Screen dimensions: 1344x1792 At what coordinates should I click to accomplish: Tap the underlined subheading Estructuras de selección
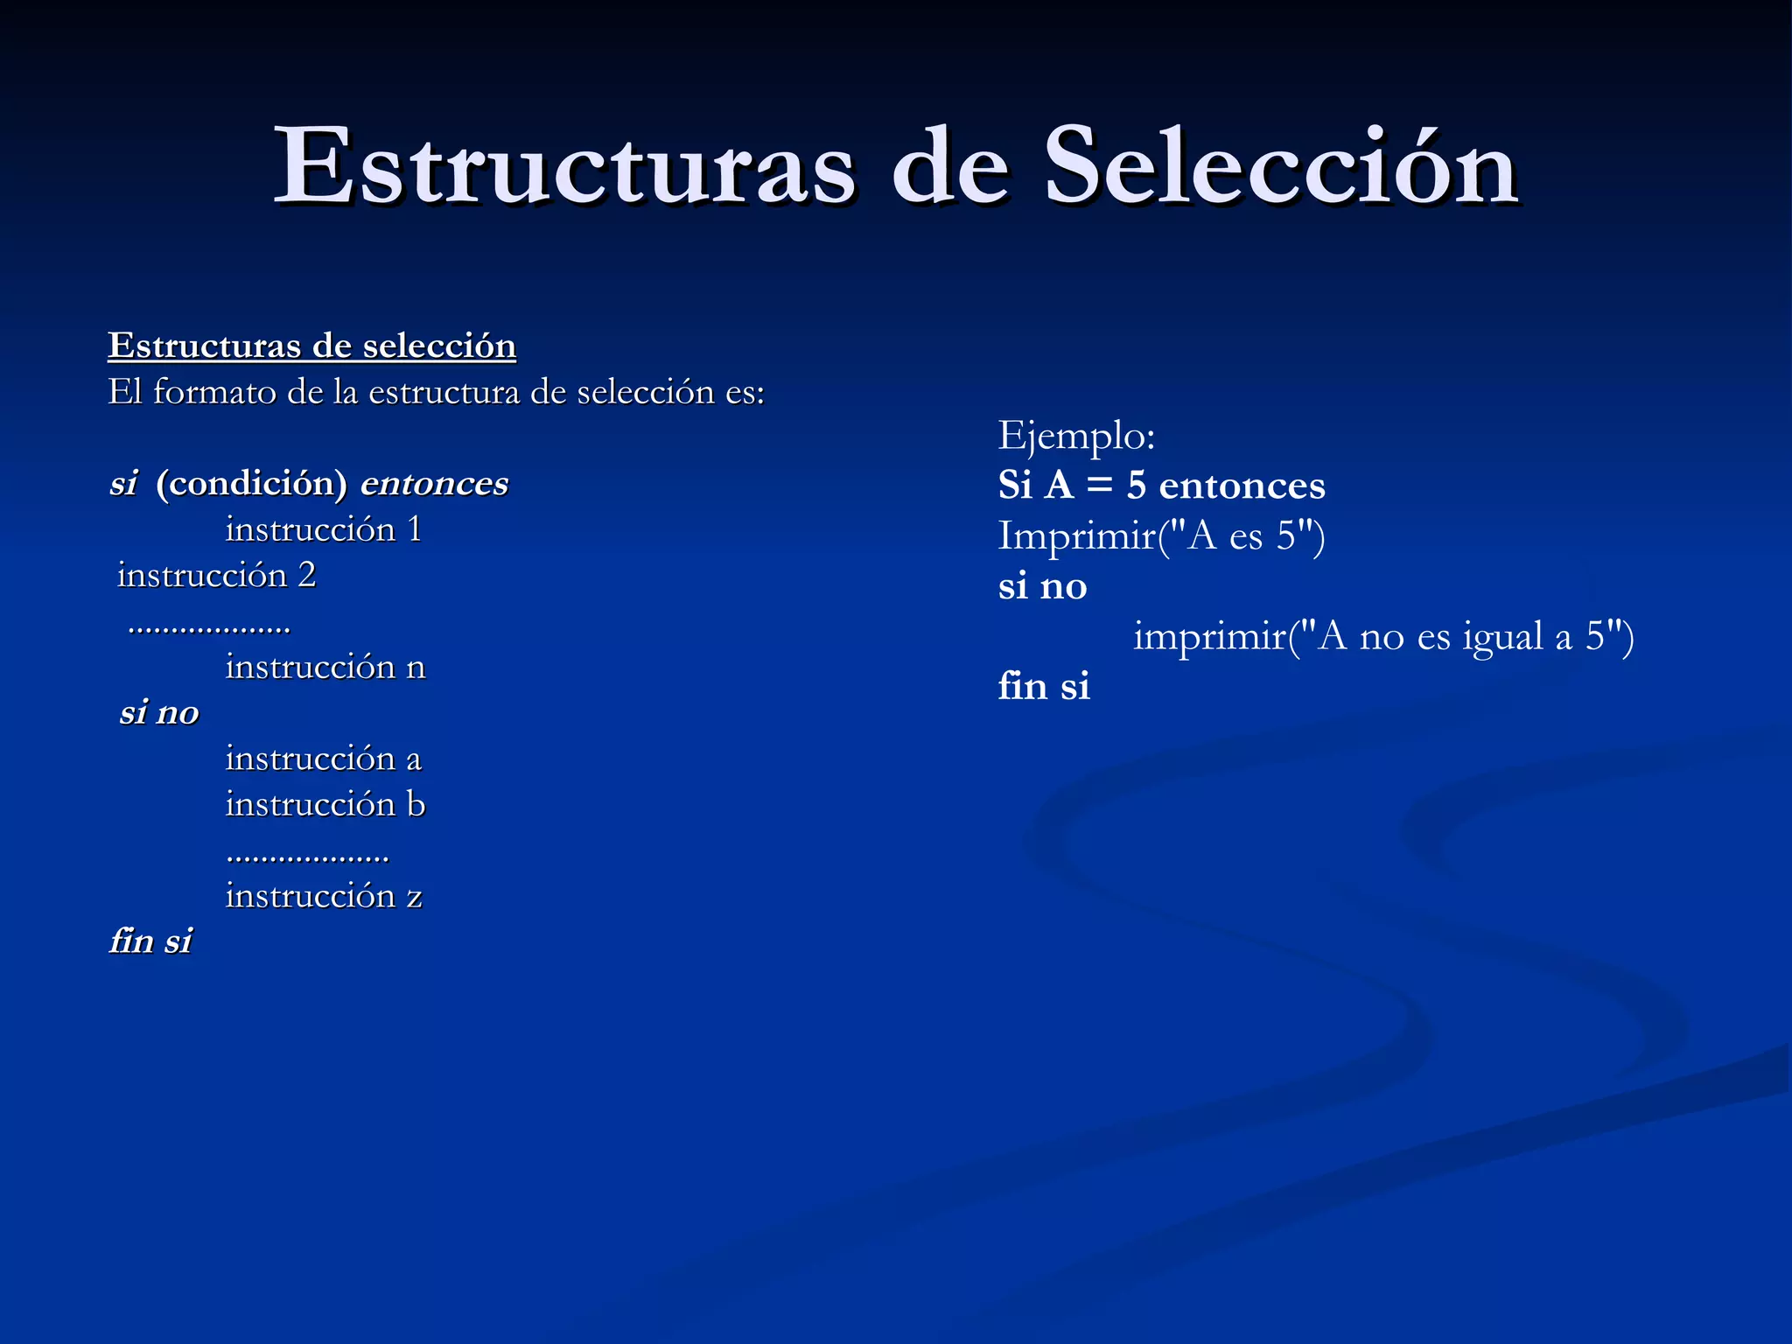311,346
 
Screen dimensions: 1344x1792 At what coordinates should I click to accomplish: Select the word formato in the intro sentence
214,392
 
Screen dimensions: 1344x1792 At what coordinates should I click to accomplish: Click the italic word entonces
434,483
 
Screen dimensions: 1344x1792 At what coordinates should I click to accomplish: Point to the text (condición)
252,483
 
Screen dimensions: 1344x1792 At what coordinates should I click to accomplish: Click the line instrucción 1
324,529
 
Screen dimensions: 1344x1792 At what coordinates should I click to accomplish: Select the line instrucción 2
216,575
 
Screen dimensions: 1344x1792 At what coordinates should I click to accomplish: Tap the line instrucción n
325,667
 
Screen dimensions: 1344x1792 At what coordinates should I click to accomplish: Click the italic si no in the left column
159,712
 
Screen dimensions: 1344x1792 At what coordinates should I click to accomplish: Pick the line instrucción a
323,758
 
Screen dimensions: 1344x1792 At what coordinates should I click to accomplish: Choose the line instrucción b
325,804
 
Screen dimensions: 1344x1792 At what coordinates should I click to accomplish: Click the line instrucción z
324,895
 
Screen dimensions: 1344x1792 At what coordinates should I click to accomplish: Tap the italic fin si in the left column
150,941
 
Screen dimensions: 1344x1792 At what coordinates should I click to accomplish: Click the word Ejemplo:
1076,435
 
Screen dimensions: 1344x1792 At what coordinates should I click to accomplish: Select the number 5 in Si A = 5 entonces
1136,486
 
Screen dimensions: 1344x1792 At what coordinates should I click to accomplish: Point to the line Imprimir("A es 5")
1161,535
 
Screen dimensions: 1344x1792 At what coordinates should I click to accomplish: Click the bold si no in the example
1042,586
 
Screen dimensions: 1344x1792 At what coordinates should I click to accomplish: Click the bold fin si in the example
1044,686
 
